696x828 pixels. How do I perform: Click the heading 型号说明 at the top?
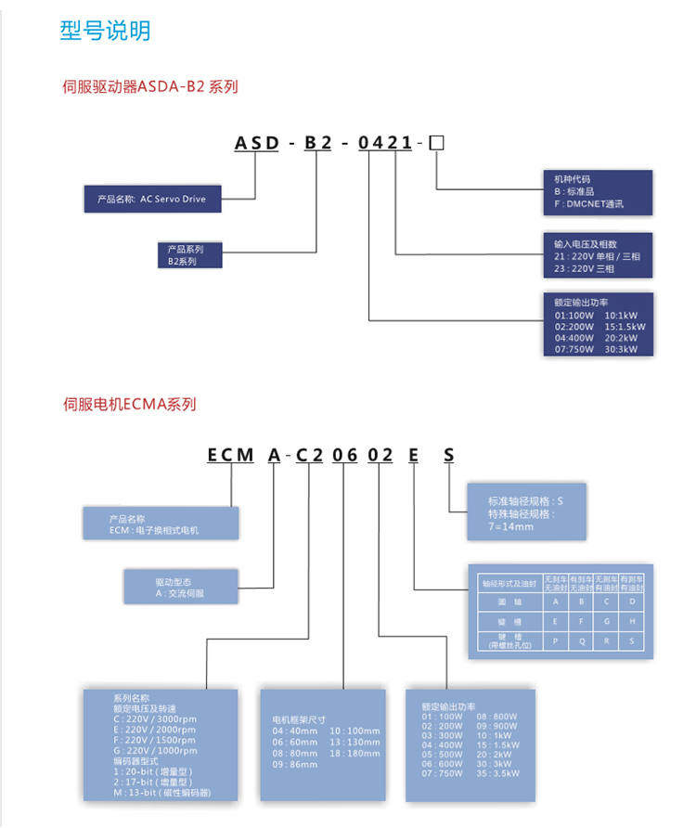(x=105, y=31)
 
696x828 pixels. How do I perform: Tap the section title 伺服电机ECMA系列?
(x=129, y=404)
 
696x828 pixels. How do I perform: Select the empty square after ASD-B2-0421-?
(x=438, y=143)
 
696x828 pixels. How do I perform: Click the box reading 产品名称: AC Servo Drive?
(x=152, y=199)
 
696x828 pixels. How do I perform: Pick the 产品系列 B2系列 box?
(x=189, y=255)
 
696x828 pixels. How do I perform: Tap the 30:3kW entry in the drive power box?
(x=625, y=349)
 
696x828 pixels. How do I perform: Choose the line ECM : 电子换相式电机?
(x=154, y=530)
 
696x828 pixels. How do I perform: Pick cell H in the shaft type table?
(x=631, y=622)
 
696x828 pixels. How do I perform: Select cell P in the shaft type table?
(x=556, y=641)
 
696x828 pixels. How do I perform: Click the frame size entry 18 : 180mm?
(x=354, y=754)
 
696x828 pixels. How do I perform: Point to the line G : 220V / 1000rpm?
(x=154, y=750)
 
